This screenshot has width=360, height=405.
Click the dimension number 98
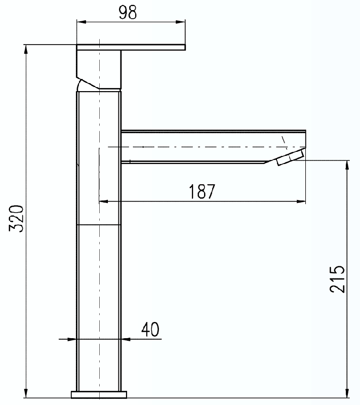coord(128,13)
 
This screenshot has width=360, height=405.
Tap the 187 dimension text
coord(202,192)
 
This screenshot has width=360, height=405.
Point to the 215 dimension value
coord(338,279)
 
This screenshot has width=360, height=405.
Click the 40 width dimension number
coord(150,329)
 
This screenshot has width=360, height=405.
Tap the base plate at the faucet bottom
coord(99,394)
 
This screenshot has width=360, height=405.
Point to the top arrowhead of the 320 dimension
coord(25,49)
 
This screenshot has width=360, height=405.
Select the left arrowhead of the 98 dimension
coord(79,22)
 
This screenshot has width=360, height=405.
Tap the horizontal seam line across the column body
coord(99,224)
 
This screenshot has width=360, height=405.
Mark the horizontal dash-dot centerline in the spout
coord(203,147)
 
